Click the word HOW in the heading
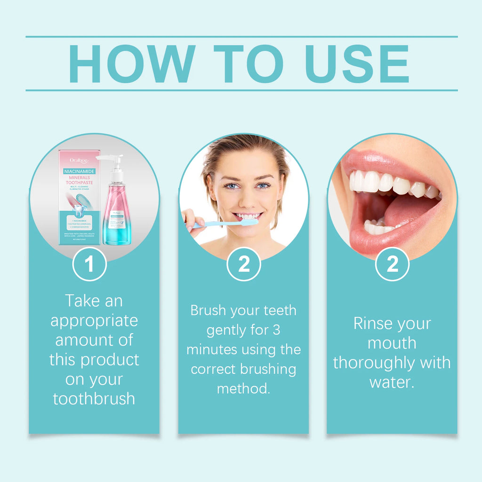(132, 64)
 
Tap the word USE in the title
(357, 64)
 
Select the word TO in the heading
(249, 64)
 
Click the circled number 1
(89, 264)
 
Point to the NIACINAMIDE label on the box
(80, 171)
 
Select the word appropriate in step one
(94, 321)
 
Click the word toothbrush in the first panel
(94, 399)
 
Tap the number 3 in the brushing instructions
(276, 330)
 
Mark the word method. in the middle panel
(243, 389)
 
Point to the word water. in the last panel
(392, 382)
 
